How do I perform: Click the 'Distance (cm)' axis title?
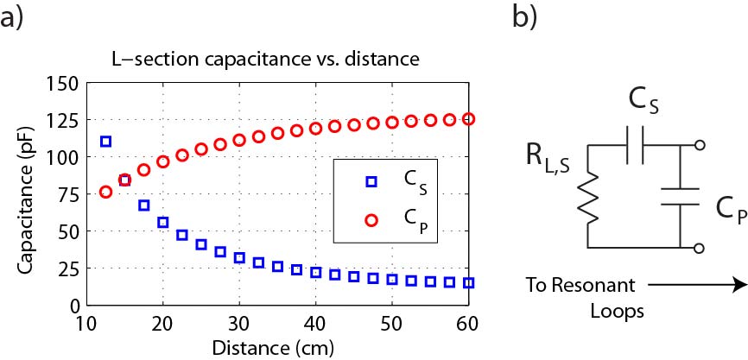pos(275,347)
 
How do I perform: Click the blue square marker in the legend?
pos(371,181)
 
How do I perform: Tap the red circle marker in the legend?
pos(371,221)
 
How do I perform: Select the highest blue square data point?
pos(106,141)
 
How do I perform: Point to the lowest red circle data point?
pos(106,192)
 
